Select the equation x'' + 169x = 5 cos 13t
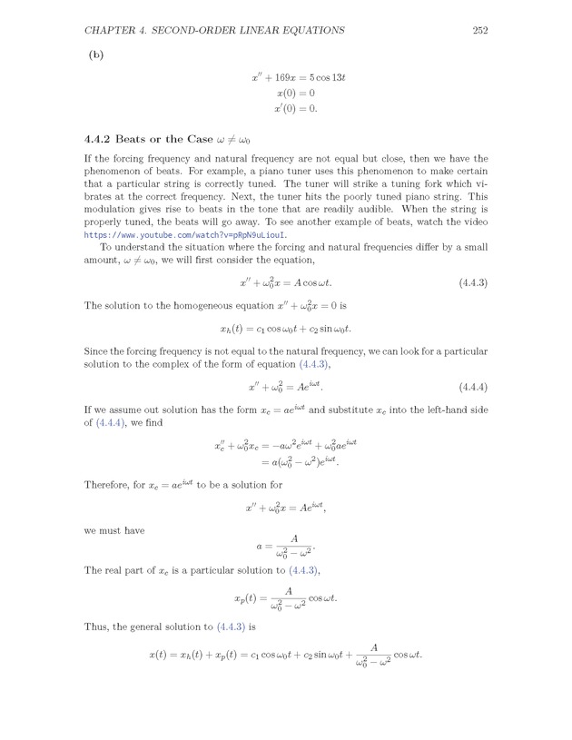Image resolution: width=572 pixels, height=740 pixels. coord(299,78)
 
